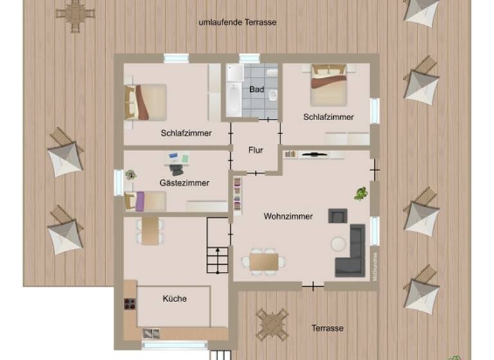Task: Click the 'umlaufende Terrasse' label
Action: pos(237,22)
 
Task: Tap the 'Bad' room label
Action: pos(257,89)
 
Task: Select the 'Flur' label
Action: pos(255,150)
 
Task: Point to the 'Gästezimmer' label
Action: pos(184,183)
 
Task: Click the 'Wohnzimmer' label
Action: pos(288,217)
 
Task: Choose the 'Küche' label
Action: pos(174,299)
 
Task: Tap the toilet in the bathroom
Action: pos(272,96)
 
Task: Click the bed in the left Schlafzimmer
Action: pos(146,102)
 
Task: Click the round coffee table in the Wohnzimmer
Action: pos(338,244)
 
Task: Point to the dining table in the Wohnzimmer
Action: pos(264,261)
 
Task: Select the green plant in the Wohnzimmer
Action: pos(361,193)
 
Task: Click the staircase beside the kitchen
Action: pos(217,253)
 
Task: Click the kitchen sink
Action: pos(151,333)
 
